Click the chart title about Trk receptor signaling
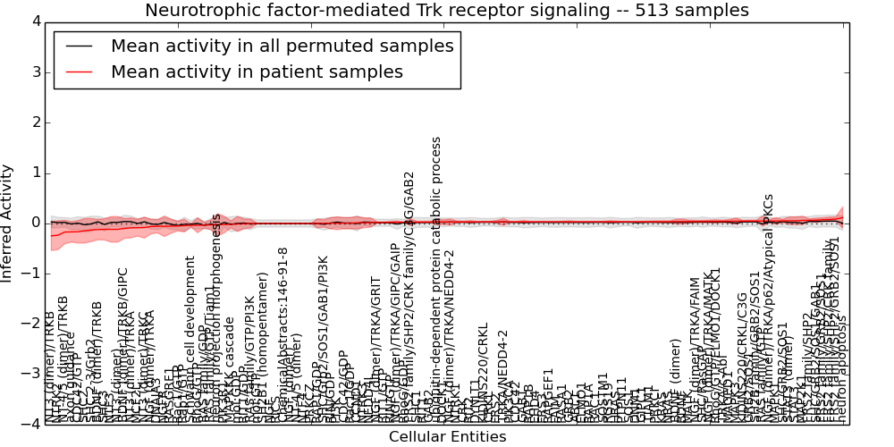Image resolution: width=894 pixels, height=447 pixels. pos(447,10)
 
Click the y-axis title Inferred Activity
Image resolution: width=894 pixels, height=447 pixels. pos(8,223)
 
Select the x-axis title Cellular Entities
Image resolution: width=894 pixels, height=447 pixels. pos(447,436)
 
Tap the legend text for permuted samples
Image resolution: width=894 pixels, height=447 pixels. pos(282,46)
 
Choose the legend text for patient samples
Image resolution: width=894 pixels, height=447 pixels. pos(257,72)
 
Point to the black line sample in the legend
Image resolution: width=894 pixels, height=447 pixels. pos(78,46)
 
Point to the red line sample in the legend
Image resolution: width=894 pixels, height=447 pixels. pos(78,72)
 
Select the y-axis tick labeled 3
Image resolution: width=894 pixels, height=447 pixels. pos(33,72)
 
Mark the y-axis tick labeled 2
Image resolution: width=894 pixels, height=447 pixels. pos(33,122)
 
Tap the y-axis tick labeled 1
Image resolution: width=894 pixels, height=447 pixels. pos(33,173)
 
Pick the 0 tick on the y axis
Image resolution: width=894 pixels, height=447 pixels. pos(33,223)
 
